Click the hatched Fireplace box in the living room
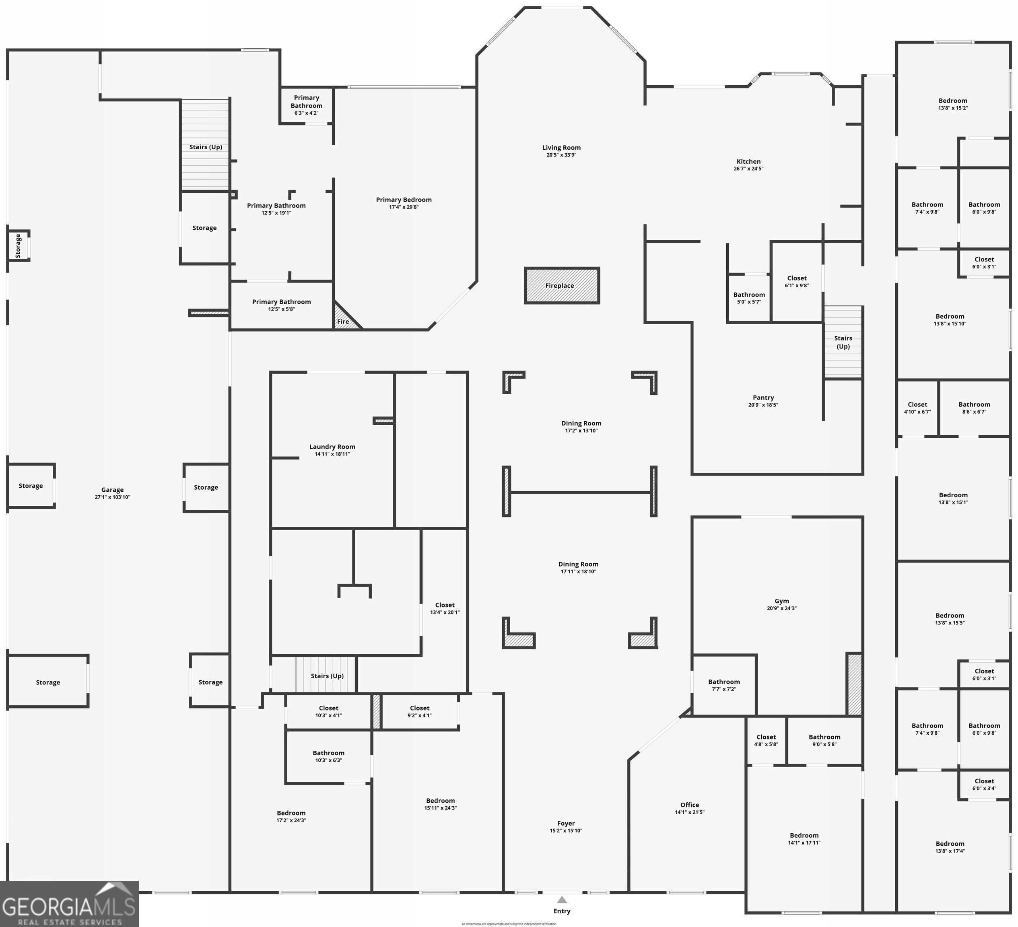click(x=562, y=286)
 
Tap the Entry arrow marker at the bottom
click(x=562, y=900)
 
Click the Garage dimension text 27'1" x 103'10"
click(x=112, y=497)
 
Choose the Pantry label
click(x=763, y=398)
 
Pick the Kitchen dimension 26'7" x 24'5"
click(x=748, y=169)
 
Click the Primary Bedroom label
click(x=404, y=200)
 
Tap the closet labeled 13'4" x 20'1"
click(x=444, y=608)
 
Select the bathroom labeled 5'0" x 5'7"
click(x=749, y=298)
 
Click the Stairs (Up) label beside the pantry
click(x=843, y=342)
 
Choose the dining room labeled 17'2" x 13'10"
click(x=581, y=426)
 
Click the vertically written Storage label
click(x=18, y=246)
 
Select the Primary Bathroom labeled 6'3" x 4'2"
click(x=306, y=105)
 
